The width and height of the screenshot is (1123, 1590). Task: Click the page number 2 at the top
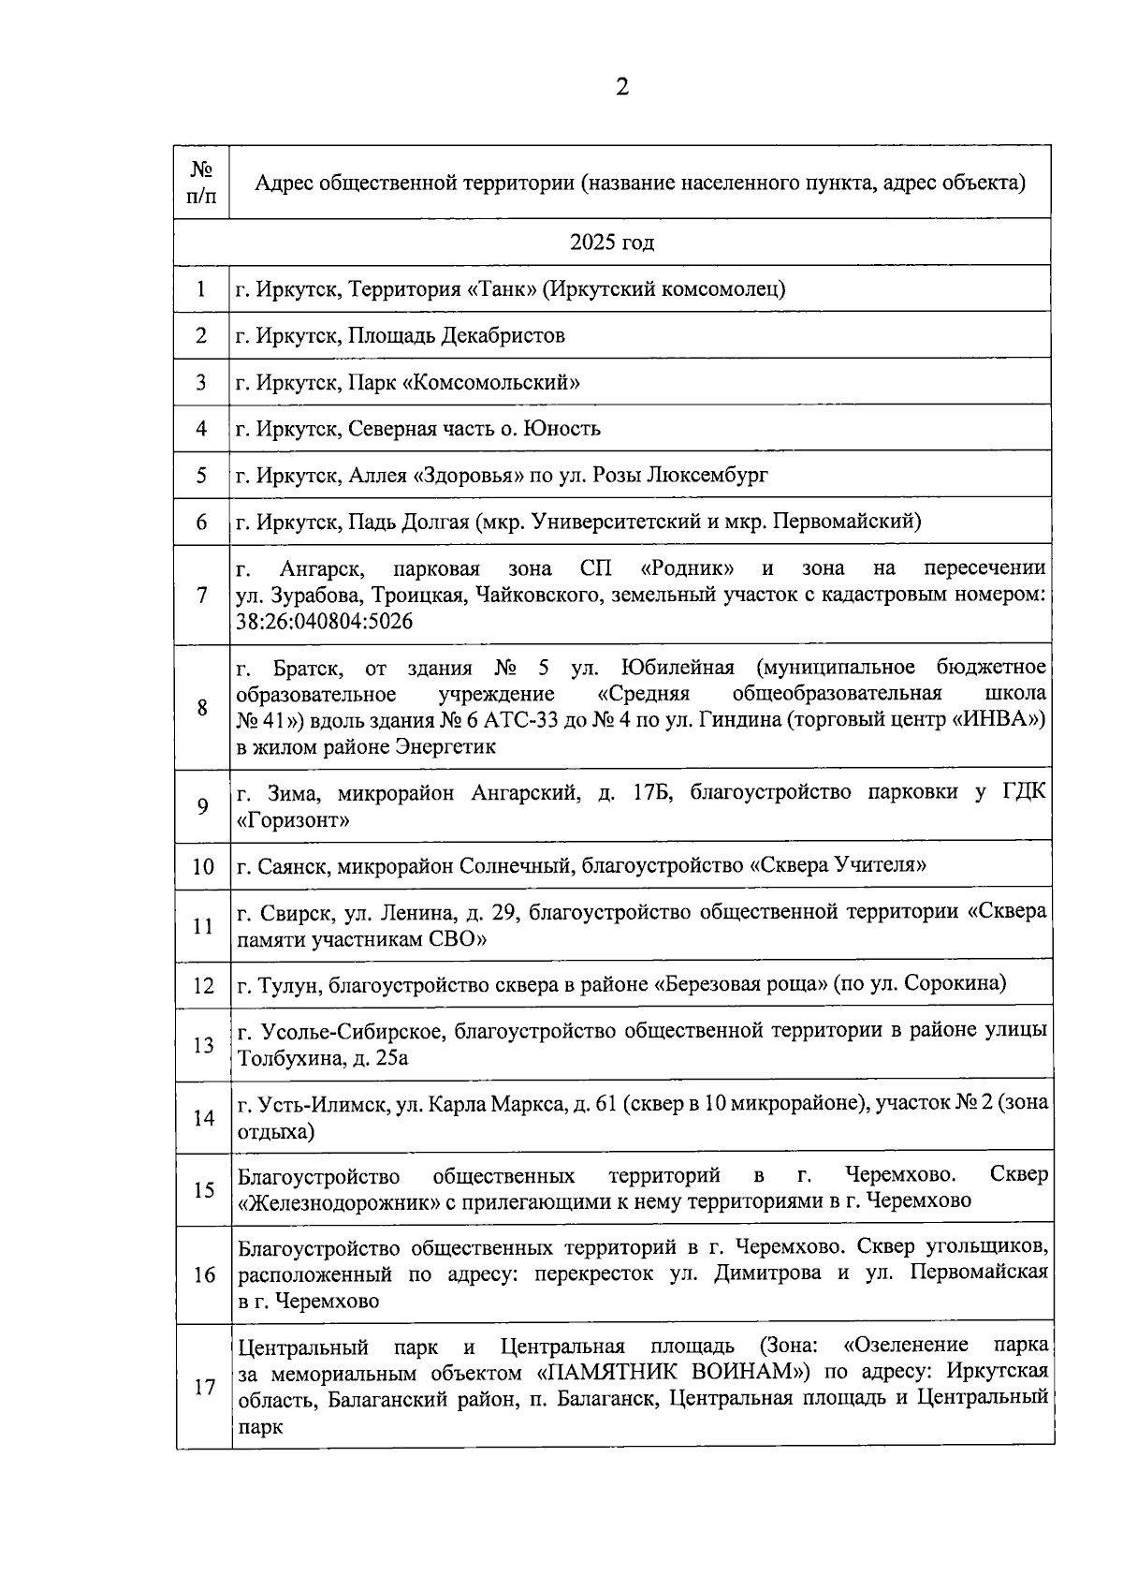[621, 88]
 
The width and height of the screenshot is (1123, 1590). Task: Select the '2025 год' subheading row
[612, 243]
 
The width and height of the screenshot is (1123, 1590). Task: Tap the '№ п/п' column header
[201, 183]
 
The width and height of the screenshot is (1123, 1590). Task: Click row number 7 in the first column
[202, 595]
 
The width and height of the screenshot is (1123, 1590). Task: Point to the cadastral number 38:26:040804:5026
[325, 622]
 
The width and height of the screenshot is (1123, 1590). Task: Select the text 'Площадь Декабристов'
[457, 335]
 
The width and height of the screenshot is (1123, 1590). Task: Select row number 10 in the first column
[203, 866]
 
